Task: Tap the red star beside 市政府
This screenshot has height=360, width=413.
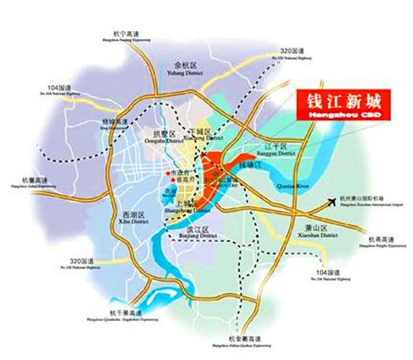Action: click(x=167, y=175)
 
